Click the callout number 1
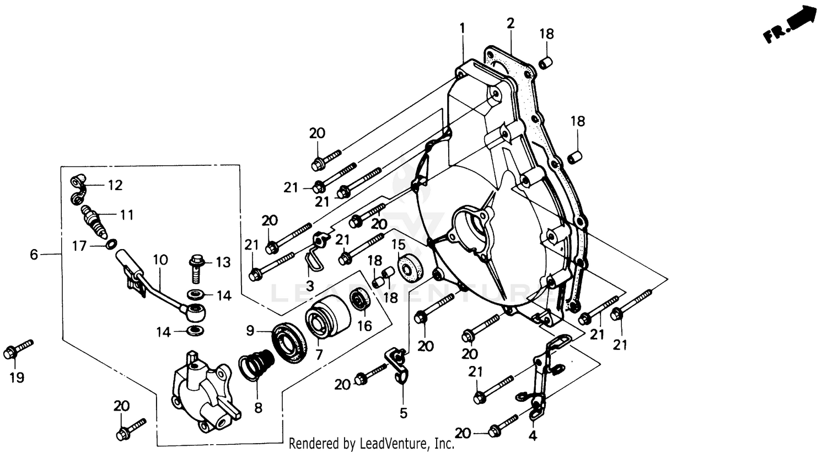(x=462, y=27)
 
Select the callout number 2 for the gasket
(x=511, y=23)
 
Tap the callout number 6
(x=34, y=254)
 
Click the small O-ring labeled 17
(x=111, y=244)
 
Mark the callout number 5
(x=403, y=412)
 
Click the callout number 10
(x=160, y=258)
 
